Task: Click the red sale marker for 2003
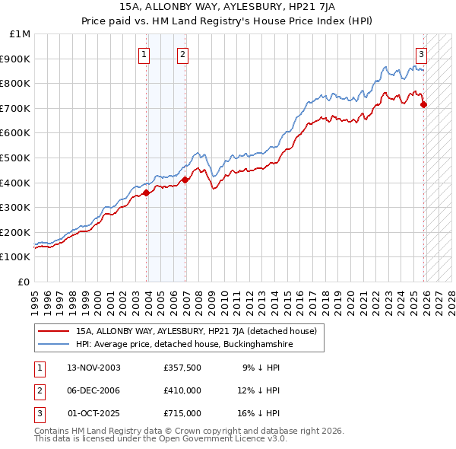147,193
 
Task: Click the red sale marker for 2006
185,180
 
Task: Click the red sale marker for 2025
423,104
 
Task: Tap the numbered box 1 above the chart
144,54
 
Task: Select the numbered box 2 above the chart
183,54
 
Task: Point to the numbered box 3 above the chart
421,54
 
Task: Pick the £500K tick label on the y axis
17,158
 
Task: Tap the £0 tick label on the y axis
24,282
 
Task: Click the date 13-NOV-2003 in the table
94,368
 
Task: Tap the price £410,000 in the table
182,390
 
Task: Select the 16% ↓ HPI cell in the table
261,413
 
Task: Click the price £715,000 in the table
182,413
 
